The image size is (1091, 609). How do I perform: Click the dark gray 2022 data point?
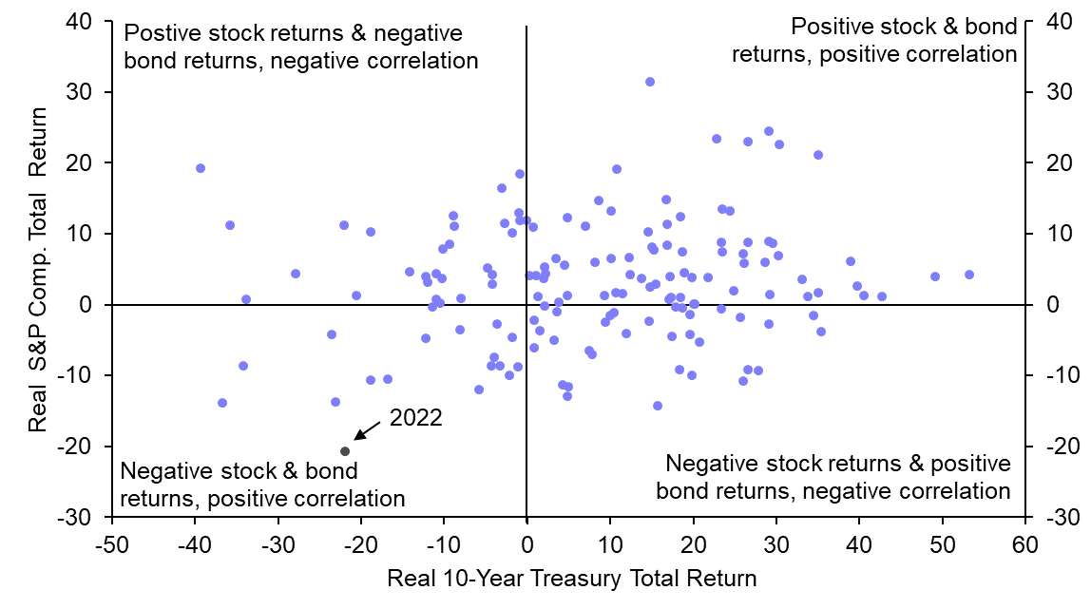[345, 451]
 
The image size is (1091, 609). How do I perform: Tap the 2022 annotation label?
[415, 418]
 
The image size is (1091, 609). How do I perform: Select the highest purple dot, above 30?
[650, 82]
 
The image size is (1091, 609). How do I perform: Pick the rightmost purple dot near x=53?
[969, 275]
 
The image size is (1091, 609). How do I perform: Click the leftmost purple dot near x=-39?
[201, 168]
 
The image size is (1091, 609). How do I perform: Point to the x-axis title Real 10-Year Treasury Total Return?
[572, 579]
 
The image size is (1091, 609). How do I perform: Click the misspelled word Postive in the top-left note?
[160, 34]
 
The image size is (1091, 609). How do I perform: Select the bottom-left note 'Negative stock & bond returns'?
[262, 485]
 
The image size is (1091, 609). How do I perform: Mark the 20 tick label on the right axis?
[1060, 163]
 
